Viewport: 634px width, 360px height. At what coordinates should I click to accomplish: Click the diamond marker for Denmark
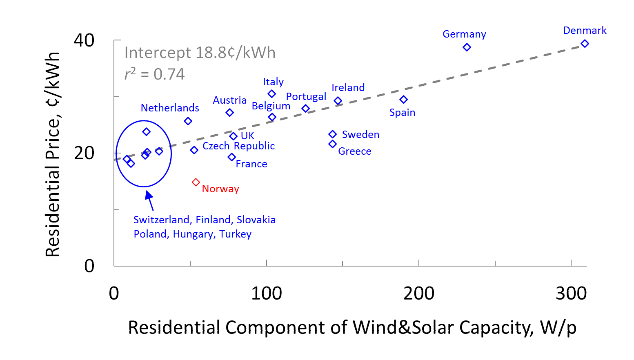[x=585, y=44]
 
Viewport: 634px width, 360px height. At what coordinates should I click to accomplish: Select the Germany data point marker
[x=467, y=47]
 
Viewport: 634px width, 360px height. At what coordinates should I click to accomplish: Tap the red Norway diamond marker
[x=196, y=182]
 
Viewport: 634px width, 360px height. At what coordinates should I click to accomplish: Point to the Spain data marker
[x=403, y=100]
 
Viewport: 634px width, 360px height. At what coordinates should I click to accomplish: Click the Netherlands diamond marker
[x=188, y=121]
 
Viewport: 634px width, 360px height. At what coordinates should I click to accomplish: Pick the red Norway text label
[x=220, y=189]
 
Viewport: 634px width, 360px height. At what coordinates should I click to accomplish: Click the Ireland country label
[x=348, y=87]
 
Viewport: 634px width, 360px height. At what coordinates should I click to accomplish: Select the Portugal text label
[x=306, y=97]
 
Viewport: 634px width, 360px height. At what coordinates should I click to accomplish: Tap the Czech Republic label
[x=238, y=146]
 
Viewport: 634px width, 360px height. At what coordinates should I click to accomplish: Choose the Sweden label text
[x=360, y=135]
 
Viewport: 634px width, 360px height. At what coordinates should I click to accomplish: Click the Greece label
[x=354, y=151]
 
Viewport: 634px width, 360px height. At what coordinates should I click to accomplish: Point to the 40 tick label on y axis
[x=84, y=40]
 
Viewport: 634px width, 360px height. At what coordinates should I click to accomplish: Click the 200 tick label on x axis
[x=418, y=293]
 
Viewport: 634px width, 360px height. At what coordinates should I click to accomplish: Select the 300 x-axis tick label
[x=571, y=293]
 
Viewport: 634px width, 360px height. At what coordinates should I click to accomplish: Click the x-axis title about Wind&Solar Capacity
[x=352, y=327]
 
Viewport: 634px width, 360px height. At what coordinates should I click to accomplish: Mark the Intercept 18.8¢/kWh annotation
[x=200, y=53]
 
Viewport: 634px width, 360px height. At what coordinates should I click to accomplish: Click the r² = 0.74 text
[x=155, y=74]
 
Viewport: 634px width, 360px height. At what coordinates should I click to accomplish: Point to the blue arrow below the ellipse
[x=150, y=200]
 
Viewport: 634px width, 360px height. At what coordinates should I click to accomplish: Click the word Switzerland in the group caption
[x=162, y=220]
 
